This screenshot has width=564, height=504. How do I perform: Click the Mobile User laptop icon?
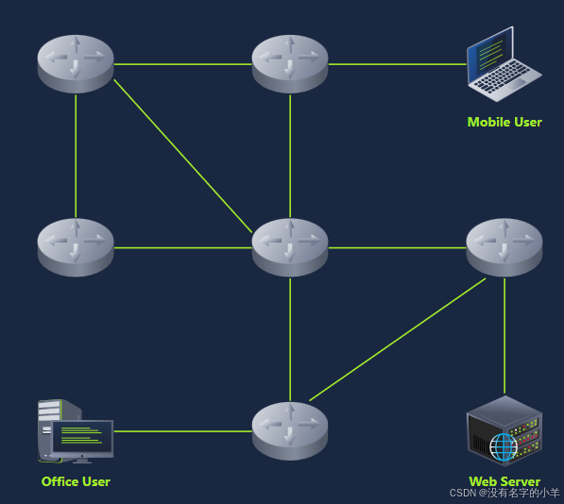pyautogui.click(x=504, y=63)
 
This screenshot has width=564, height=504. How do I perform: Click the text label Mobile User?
pyautogui.click(x=504, y=122)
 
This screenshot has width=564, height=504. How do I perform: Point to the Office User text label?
pyautogui.click(x=76, y=481)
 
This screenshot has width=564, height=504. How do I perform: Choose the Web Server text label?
pyautogui.click(x=504, y=481)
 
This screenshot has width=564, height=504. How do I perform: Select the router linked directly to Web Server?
pyautogui.click(x=504, y=246)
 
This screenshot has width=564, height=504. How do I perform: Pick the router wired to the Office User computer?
pyautogui.click(x=290, y=430)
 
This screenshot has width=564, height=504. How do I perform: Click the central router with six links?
pyautogui.click(x=290, y=246)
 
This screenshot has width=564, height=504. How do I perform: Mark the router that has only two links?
pyautogui.click(x=76, y=246)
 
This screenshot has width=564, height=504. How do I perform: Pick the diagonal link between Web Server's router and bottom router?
pyautogui.click(x=397, y=339)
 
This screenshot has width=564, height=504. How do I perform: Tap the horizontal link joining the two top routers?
pyautogui.click(x=182, y=64)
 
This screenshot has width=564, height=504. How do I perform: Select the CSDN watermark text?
pyautogui.click(x=504, y=493)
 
